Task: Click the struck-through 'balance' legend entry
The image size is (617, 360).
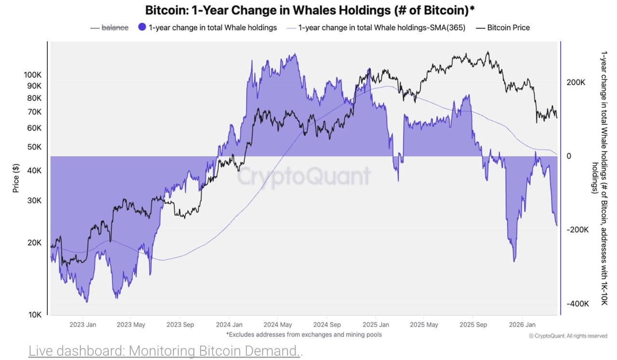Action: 115,27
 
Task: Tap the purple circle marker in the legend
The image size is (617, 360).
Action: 142,27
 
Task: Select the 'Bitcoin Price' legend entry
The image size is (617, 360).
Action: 508,27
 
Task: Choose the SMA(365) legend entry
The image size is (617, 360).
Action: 381,27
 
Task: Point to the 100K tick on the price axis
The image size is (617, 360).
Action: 33,75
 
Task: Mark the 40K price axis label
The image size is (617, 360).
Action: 34,171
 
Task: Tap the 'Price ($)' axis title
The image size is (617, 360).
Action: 16,178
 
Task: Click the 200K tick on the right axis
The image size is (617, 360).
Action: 576,82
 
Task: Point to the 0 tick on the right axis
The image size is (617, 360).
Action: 569,156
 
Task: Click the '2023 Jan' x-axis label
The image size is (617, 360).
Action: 82,325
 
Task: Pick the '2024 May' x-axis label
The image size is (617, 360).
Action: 278,325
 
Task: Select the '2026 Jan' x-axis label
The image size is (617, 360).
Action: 523,325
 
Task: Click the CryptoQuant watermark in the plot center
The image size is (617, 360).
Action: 304,176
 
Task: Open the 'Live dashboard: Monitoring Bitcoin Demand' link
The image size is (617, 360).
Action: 164,350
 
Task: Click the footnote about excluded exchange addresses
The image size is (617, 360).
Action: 304,334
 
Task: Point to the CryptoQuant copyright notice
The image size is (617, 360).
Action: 568,336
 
